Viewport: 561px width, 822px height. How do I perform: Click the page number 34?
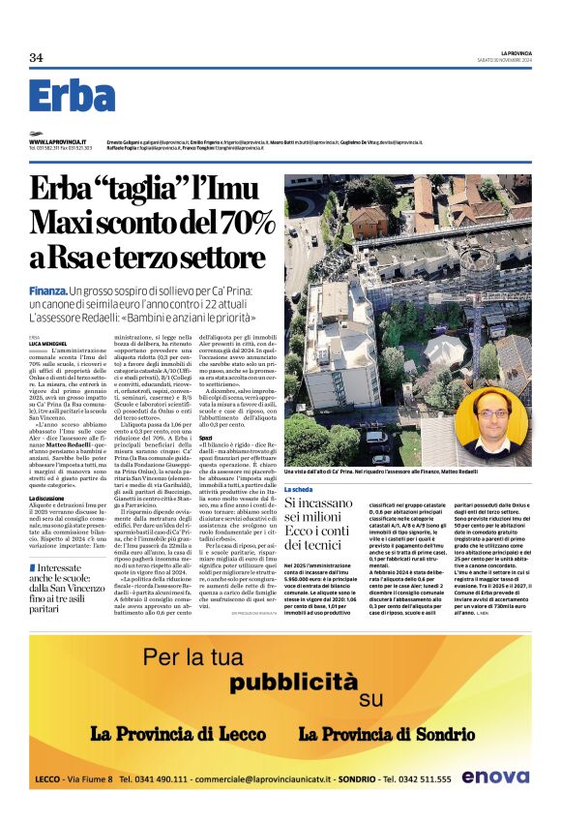tap(36, 58)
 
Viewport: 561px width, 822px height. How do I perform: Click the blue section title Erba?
tap(72, 97)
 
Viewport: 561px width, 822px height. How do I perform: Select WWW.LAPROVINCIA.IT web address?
tap(56, 141)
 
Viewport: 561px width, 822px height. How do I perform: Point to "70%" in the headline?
tap(247, 223)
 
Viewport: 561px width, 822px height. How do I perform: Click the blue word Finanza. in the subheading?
tap(47, 290)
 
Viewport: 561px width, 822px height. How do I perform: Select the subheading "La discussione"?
tap(47, 498)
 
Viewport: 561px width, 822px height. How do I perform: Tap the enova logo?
tap(494, 776)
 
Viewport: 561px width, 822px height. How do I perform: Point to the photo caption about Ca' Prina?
tap(407, 471)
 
